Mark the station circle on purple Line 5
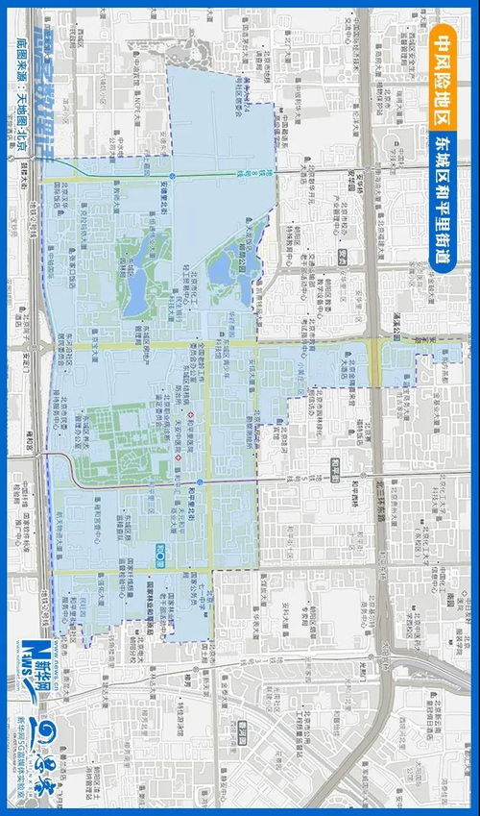199,482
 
